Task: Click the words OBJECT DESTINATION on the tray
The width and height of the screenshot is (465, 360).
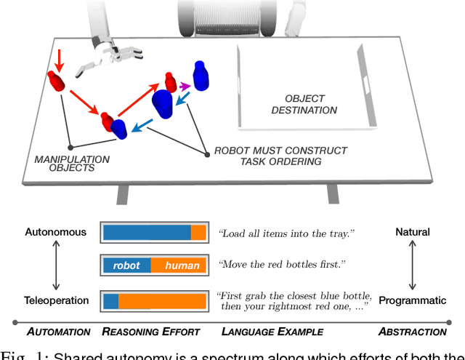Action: click(304, 104)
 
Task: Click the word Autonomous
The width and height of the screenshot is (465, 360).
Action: click(55, 233)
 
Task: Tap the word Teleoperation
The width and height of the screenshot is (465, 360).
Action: click(57, 300)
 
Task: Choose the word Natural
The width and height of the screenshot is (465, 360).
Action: click(412, 233)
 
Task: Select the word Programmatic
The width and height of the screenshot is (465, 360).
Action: click(412, 300)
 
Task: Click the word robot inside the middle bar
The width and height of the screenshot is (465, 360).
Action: click(126, 265)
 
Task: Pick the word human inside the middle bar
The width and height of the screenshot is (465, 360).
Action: click(182, 265)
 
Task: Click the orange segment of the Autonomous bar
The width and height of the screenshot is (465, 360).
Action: click(198, 233)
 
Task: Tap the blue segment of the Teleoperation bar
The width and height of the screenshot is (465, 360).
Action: click(110, 300)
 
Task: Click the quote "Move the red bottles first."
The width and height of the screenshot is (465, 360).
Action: click(280, 265)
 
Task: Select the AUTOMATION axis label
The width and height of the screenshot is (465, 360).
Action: click(59, 332)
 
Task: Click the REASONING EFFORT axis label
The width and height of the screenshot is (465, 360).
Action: click(150, 332)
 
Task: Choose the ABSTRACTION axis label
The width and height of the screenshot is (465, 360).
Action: click(412, 332)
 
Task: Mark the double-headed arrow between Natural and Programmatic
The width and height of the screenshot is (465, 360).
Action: click(412, 266)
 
